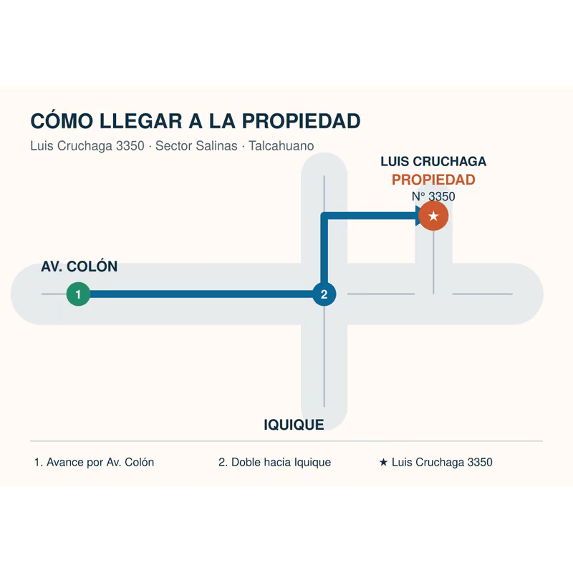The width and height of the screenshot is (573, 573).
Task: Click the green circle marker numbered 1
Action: (x=78, y=294)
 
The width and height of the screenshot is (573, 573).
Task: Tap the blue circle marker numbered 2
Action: (x=324, y=294)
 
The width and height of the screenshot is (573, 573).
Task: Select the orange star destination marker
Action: (x=433, y=216)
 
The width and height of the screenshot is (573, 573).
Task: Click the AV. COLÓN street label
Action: (x=80, y=266)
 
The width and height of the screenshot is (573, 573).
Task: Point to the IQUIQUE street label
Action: (x=294, y=425)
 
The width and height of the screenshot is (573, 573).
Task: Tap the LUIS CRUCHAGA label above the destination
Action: (x=433, y=162)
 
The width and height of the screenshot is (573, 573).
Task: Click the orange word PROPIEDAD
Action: (x=433, y=180)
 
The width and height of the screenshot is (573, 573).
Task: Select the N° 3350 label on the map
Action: (x=433, y=196)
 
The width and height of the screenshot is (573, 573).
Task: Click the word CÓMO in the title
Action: (x=62, y=121)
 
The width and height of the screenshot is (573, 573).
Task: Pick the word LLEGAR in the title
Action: (x=140, y=121)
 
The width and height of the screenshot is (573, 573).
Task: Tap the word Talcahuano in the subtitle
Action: (x=281, y=146)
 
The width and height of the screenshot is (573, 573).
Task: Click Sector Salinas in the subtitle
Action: (x=196, y=146)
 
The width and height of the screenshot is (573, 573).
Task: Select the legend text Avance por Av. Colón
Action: (x=100, y=462)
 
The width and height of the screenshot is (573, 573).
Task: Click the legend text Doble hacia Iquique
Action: (x=281, y=462)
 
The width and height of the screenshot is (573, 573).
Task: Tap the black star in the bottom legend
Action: (x=383, y=462)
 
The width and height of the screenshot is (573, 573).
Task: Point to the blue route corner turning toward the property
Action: (x=324, y=216)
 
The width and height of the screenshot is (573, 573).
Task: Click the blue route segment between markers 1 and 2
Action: (x=201, y=294)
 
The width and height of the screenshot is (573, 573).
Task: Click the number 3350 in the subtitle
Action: (x=130, y=146)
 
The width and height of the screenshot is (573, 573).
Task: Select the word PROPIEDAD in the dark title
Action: (x=301, y=121)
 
